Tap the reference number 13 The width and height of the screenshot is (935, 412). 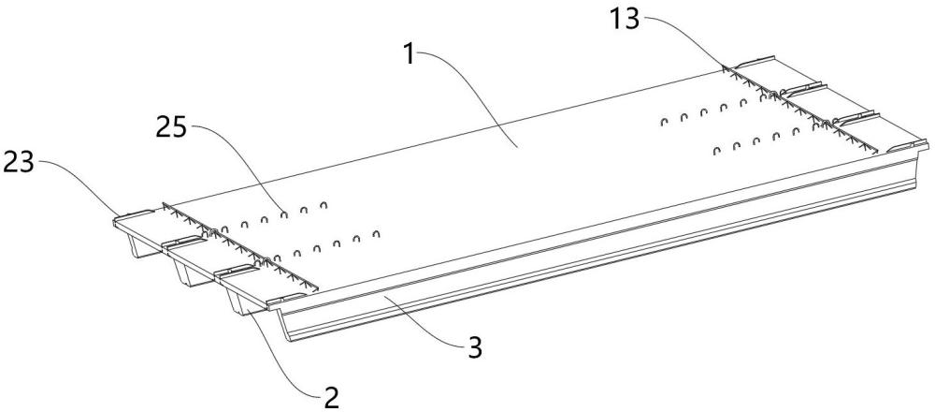(x=625, y=19)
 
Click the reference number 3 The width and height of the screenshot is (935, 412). (x=475, y=348)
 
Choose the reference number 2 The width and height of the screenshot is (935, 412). (x=331, y=398)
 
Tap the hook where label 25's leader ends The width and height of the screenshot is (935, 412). (x=284, y=213)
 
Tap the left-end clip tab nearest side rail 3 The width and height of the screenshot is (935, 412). (x=286, y=299)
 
